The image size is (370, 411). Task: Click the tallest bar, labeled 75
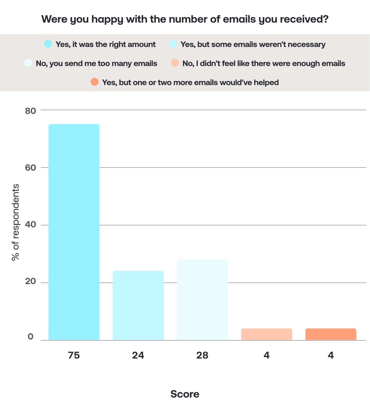click(74, 232)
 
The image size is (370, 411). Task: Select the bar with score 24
click(138, 306)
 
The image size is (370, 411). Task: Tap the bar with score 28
click(202, 300)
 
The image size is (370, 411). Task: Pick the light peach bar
click(267, 334)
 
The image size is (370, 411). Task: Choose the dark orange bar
click(331, 334)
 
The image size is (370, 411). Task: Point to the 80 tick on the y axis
click(30, 111)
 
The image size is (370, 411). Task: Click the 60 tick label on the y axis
click(30, 168)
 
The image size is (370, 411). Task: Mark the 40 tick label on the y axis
click(30, 225)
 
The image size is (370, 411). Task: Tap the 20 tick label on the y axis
click(30, 281)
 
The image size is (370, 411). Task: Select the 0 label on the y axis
click(30, 337)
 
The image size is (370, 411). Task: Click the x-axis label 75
click(74, 355)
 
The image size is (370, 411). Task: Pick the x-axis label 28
click(202, 355)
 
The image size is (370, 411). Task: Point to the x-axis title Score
click(185, 394)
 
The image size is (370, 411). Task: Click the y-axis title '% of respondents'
click(16, 222)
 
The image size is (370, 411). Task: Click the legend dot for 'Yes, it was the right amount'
click(48, 44)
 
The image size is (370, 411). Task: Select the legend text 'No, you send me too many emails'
click(97, 64)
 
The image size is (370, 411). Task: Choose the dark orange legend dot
click(94, 82)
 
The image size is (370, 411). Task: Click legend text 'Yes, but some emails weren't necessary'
click(253, 45)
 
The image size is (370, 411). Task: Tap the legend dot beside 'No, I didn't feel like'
click(175, 63)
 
